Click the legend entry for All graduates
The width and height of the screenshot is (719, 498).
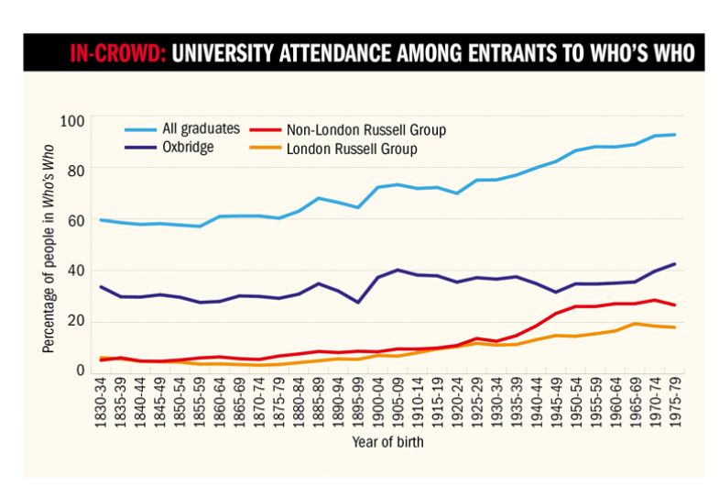tap(181, 129)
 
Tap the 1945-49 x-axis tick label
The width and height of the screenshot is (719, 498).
tap(553, 399)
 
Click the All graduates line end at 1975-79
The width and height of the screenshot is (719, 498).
tap(675, 135)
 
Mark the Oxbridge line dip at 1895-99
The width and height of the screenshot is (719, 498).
tap(357, 302)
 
